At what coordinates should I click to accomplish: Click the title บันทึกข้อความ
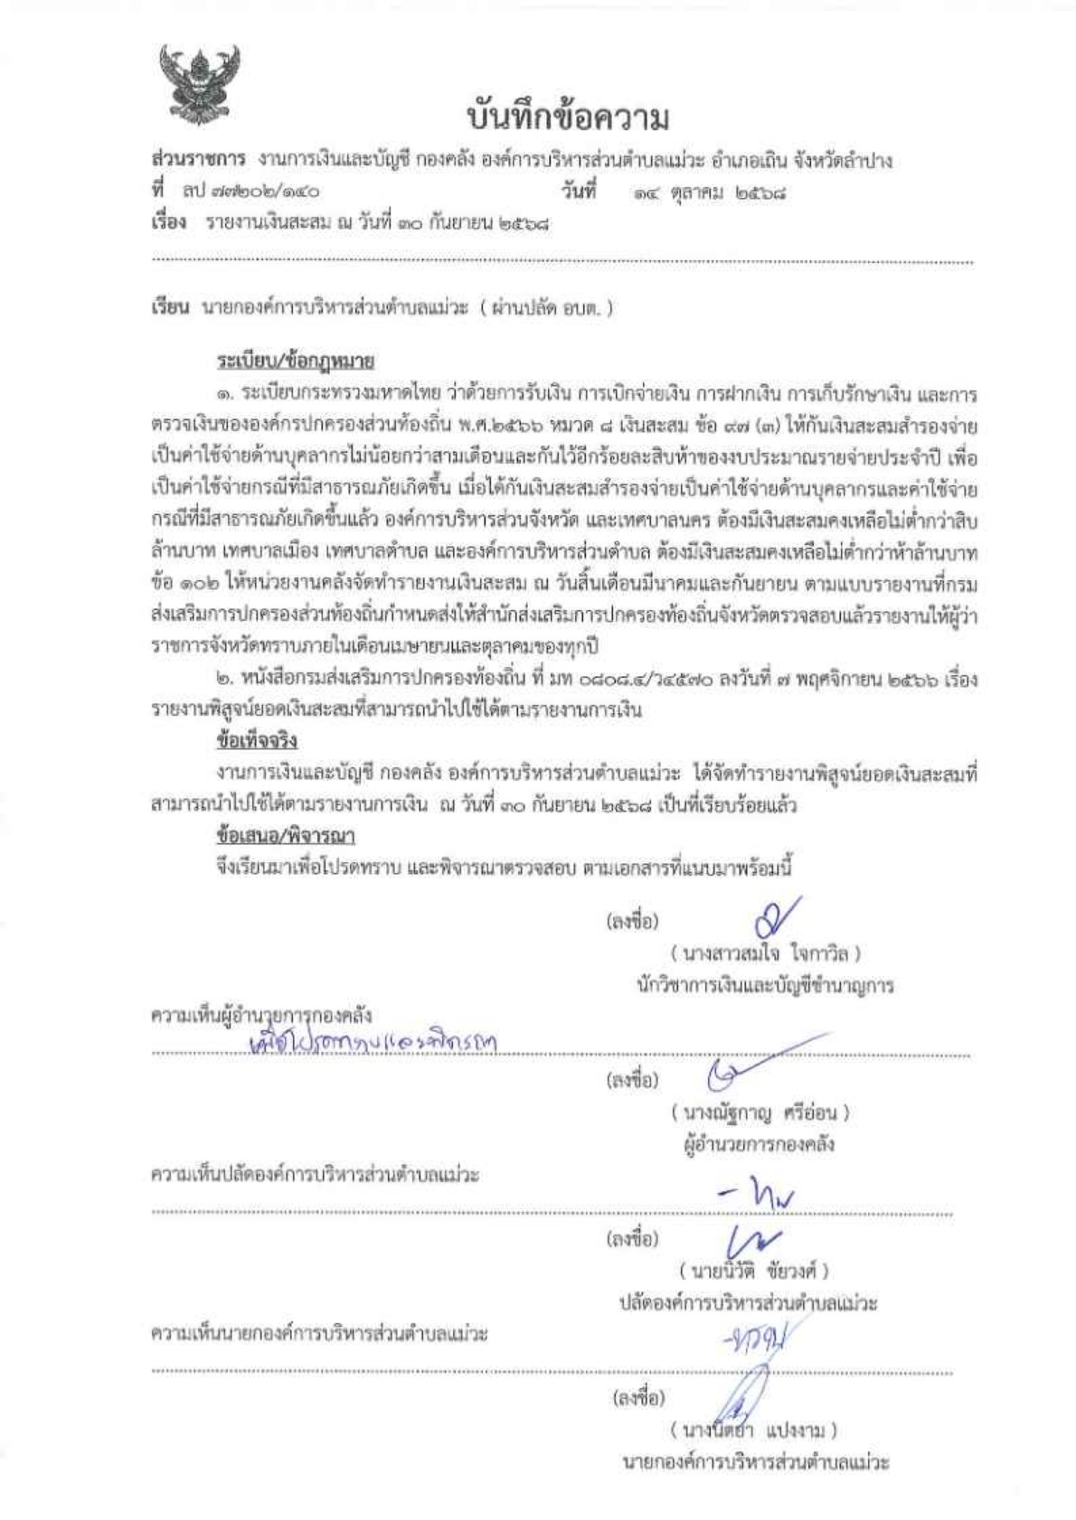(x=569, y=117)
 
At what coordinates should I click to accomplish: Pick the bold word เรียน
(x=168, y=307)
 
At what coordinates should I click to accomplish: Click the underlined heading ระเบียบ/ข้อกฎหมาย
(x=296, y=361)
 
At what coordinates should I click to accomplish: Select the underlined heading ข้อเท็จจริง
(x=257, y=740)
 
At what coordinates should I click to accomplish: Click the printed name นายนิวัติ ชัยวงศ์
(x=753, y=1271)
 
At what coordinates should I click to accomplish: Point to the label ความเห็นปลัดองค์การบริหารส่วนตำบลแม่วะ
(x=314, y=1176)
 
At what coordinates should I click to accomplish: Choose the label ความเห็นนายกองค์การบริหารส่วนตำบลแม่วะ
(x=318, y=1334)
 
